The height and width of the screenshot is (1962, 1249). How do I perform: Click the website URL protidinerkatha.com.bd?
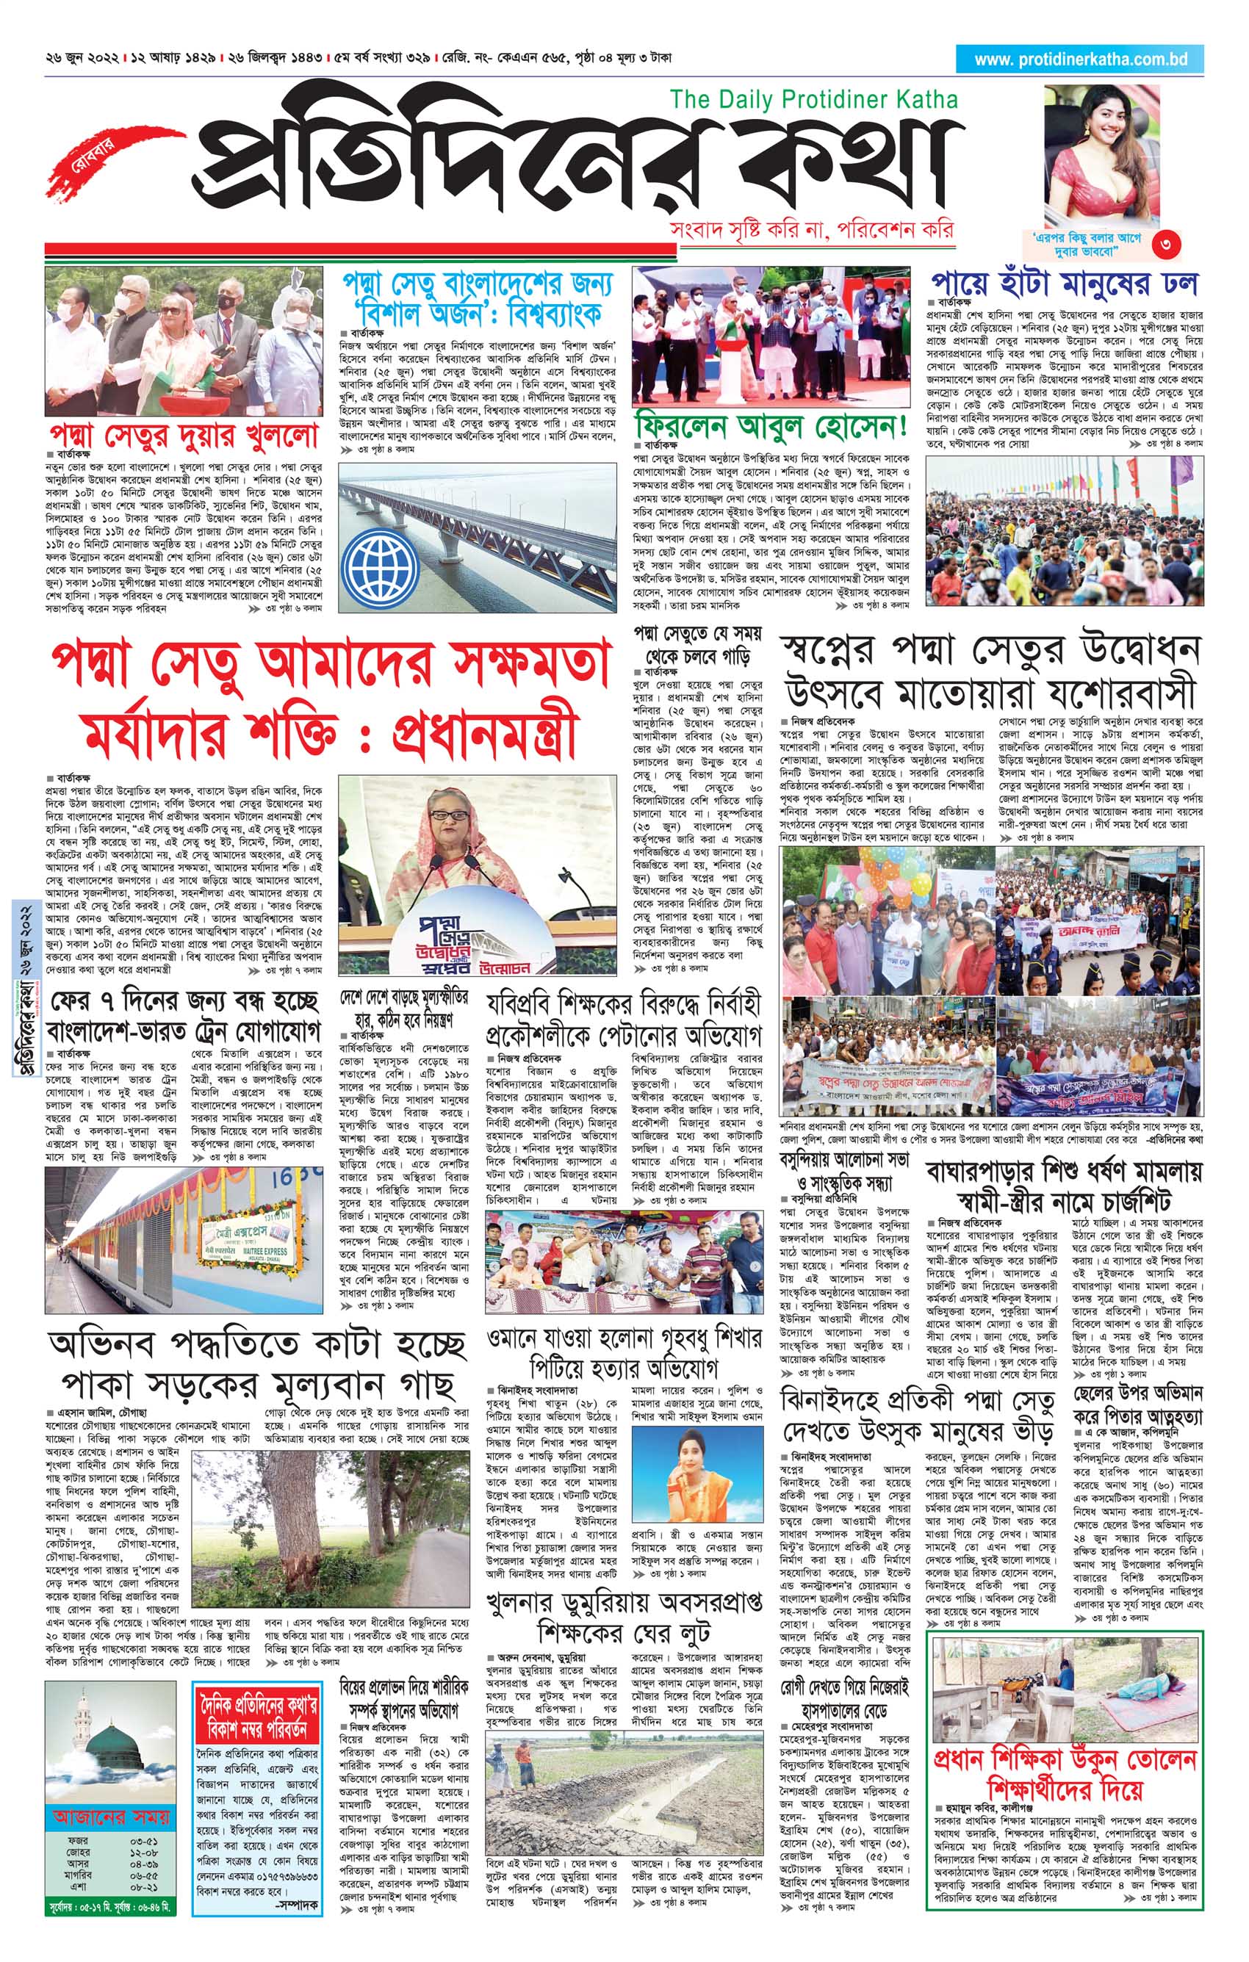1080,59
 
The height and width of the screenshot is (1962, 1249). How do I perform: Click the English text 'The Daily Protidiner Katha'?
813,99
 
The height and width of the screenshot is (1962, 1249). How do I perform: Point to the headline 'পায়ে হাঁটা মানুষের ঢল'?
1065,284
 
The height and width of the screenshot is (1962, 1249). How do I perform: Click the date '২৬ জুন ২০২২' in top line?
82,59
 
